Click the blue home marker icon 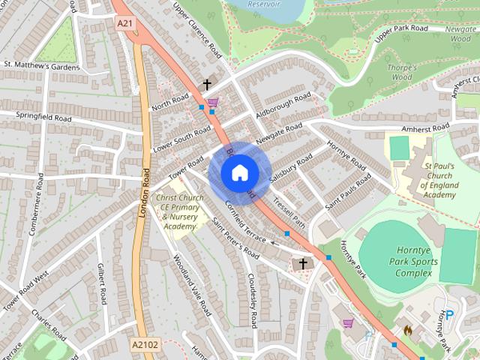[x=239, y=173]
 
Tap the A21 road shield [x=124, y=23]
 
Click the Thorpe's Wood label [x=402, y=73]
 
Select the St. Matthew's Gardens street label [x=41, y=66]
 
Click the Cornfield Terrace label [x=245, y=226]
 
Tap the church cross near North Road [x=207, y=85]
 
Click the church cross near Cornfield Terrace [x=303, y=263]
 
